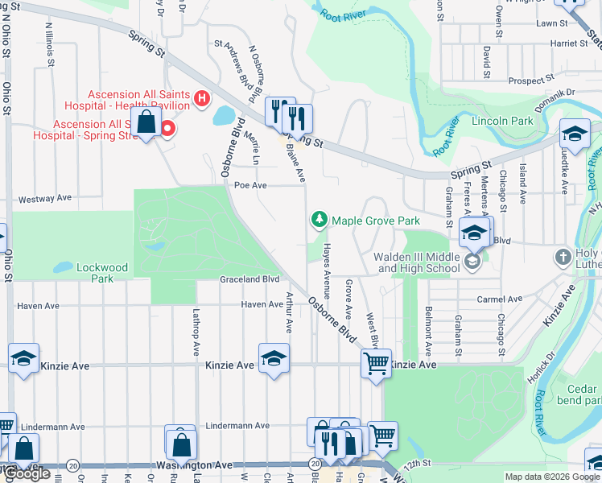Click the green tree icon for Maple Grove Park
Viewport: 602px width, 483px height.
320,220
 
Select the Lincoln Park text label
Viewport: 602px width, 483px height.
504,121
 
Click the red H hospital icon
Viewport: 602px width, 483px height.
201,100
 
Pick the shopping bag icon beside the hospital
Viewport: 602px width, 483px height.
146,124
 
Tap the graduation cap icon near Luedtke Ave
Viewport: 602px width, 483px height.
575,134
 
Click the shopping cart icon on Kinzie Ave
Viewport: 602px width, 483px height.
376,364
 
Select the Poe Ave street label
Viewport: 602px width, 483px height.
249,185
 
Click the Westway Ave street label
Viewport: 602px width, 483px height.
46,198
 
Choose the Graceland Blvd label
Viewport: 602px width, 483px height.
249,279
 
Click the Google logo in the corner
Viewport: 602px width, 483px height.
27,473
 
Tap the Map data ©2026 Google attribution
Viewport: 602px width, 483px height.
551,477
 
